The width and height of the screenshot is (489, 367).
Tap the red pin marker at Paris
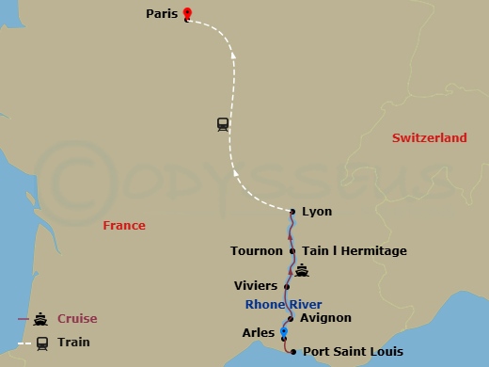(x=187, y=13)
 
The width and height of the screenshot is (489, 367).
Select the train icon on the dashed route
(x=223, y=124)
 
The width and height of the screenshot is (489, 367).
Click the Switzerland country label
(x=429, y=137)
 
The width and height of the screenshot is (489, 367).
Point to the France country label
(x=124, y=225)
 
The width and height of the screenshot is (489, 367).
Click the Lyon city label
(x=317, y=212)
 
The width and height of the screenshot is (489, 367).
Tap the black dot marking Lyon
(x=293, y=212)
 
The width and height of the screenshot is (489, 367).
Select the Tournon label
(x=256, y=251)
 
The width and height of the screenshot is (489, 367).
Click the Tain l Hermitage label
(x=355, y=251)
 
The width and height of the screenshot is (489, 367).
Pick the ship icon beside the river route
(x=302, y=272)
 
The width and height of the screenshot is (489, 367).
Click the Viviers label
(x=254, y=284)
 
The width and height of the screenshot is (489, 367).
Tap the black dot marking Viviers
(x=286, y=284)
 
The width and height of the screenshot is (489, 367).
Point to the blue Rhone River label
(x=283, y=304)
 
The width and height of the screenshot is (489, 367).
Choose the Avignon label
(x=324, y=318)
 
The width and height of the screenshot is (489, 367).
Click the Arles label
(x=258, y=331)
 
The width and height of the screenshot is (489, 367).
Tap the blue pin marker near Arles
(x=284, y=330)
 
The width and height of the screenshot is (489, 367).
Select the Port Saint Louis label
(x=353, y=352)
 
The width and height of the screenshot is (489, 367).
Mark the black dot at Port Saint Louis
(x=294, y=352)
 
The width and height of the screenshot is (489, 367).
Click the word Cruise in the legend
(x=77, y=318)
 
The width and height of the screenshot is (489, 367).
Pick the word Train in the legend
(x=74, y=343)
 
